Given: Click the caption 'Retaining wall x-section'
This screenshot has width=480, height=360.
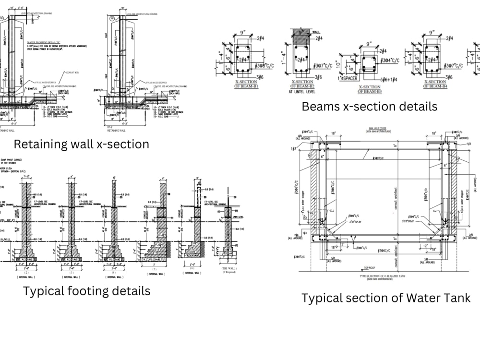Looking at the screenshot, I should click(x=81, y=144).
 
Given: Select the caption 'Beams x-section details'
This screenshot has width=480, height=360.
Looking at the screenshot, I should click(x=369, y=106).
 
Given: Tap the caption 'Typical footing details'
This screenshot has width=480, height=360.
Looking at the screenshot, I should click(x=86, y=291).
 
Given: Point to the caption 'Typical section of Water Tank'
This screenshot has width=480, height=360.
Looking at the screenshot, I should click(x=386, y=298).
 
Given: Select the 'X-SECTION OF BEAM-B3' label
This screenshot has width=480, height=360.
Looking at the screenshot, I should click(x=376, y=89).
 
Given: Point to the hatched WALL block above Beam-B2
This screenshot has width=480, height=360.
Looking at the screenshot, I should click(x=301, y=35).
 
